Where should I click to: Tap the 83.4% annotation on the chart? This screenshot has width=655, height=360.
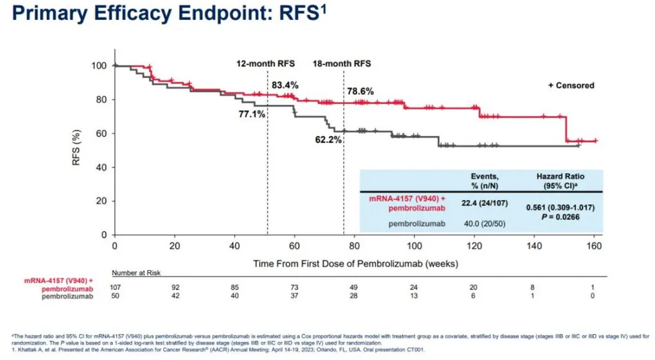coord(284,85)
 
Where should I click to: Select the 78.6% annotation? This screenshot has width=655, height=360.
coord(360,92)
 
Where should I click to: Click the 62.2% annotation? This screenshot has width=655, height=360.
coord(328,139)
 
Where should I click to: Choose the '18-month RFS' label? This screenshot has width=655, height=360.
coord(342,64)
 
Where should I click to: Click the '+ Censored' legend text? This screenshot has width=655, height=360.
coord(571,85)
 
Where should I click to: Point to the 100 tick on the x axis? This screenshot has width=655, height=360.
coord(414,246)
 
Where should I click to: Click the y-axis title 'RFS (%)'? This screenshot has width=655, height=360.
coord(76,149)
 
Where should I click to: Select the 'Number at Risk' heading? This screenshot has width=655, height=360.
coord(136,272)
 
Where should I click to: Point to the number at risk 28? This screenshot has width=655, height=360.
coord(354,296)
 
